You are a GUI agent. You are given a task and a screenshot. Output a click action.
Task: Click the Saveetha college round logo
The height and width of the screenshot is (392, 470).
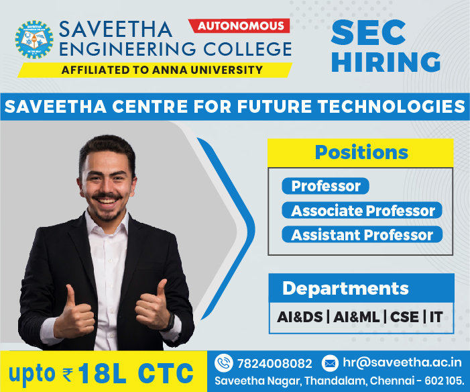pyautogui.click(x=34, y=40)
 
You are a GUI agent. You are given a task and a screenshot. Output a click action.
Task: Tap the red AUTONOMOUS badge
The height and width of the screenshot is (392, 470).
pyautogui.click(x=239, y=26)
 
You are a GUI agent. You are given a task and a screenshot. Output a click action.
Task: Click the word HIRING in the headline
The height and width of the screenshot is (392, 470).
pyautogui.click(x=386, y=62)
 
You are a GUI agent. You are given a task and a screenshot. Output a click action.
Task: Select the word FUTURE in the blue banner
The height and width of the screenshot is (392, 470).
pyautogui.click(x=274, y=107)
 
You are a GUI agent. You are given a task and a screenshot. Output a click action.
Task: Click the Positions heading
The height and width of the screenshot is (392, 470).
pyautogui.click(x=361, y=152)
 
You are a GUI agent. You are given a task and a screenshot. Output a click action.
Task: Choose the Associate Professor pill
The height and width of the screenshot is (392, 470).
pyautogui.click(x=362, y=210)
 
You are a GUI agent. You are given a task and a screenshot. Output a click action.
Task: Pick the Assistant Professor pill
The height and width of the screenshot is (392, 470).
pyautogui.click(x=362, y=234)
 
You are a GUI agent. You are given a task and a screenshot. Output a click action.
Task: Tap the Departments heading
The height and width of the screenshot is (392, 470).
pyautogui.click(x=345, y=289)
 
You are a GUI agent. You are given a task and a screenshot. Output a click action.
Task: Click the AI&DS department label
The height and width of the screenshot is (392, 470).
pyautogui.click(x=300, y=317)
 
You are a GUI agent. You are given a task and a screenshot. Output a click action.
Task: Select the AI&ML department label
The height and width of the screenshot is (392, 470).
pyautogui.click(x=357, y=317)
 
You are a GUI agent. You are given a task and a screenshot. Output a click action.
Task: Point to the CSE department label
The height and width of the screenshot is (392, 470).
pyautogui.click(x=404, y=317)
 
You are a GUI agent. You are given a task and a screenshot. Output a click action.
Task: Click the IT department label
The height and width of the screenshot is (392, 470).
pyautogui.click(x=436, y=317)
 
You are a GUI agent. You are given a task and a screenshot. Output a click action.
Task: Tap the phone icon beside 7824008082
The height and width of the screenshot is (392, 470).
pyautogui.click(x=224, y=363)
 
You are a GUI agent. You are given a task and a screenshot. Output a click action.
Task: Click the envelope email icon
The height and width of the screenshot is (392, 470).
pyautogui.click(x=330, y=364)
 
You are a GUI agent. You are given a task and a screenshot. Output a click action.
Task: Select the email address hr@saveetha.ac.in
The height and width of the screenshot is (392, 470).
pyautogui.click(x=402, y=362)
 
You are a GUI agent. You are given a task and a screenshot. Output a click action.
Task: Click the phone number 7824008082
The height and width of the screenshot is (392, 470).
pyautogui.click(x=275, y=364)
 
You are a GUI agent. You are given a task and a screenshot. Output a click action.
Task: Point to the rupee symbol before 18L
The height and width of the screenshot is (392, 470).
pyautogui.click(x=68, y=375)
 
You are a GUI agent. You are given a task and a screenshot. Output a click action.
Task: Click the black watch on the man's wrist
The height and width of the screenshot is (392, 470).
pyautogui.click(x=170, y=323)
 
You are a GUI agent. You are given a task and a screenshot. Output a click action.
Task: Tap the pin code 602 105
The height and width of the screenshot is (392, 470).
pyautogui.click(x=445, y=381)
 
